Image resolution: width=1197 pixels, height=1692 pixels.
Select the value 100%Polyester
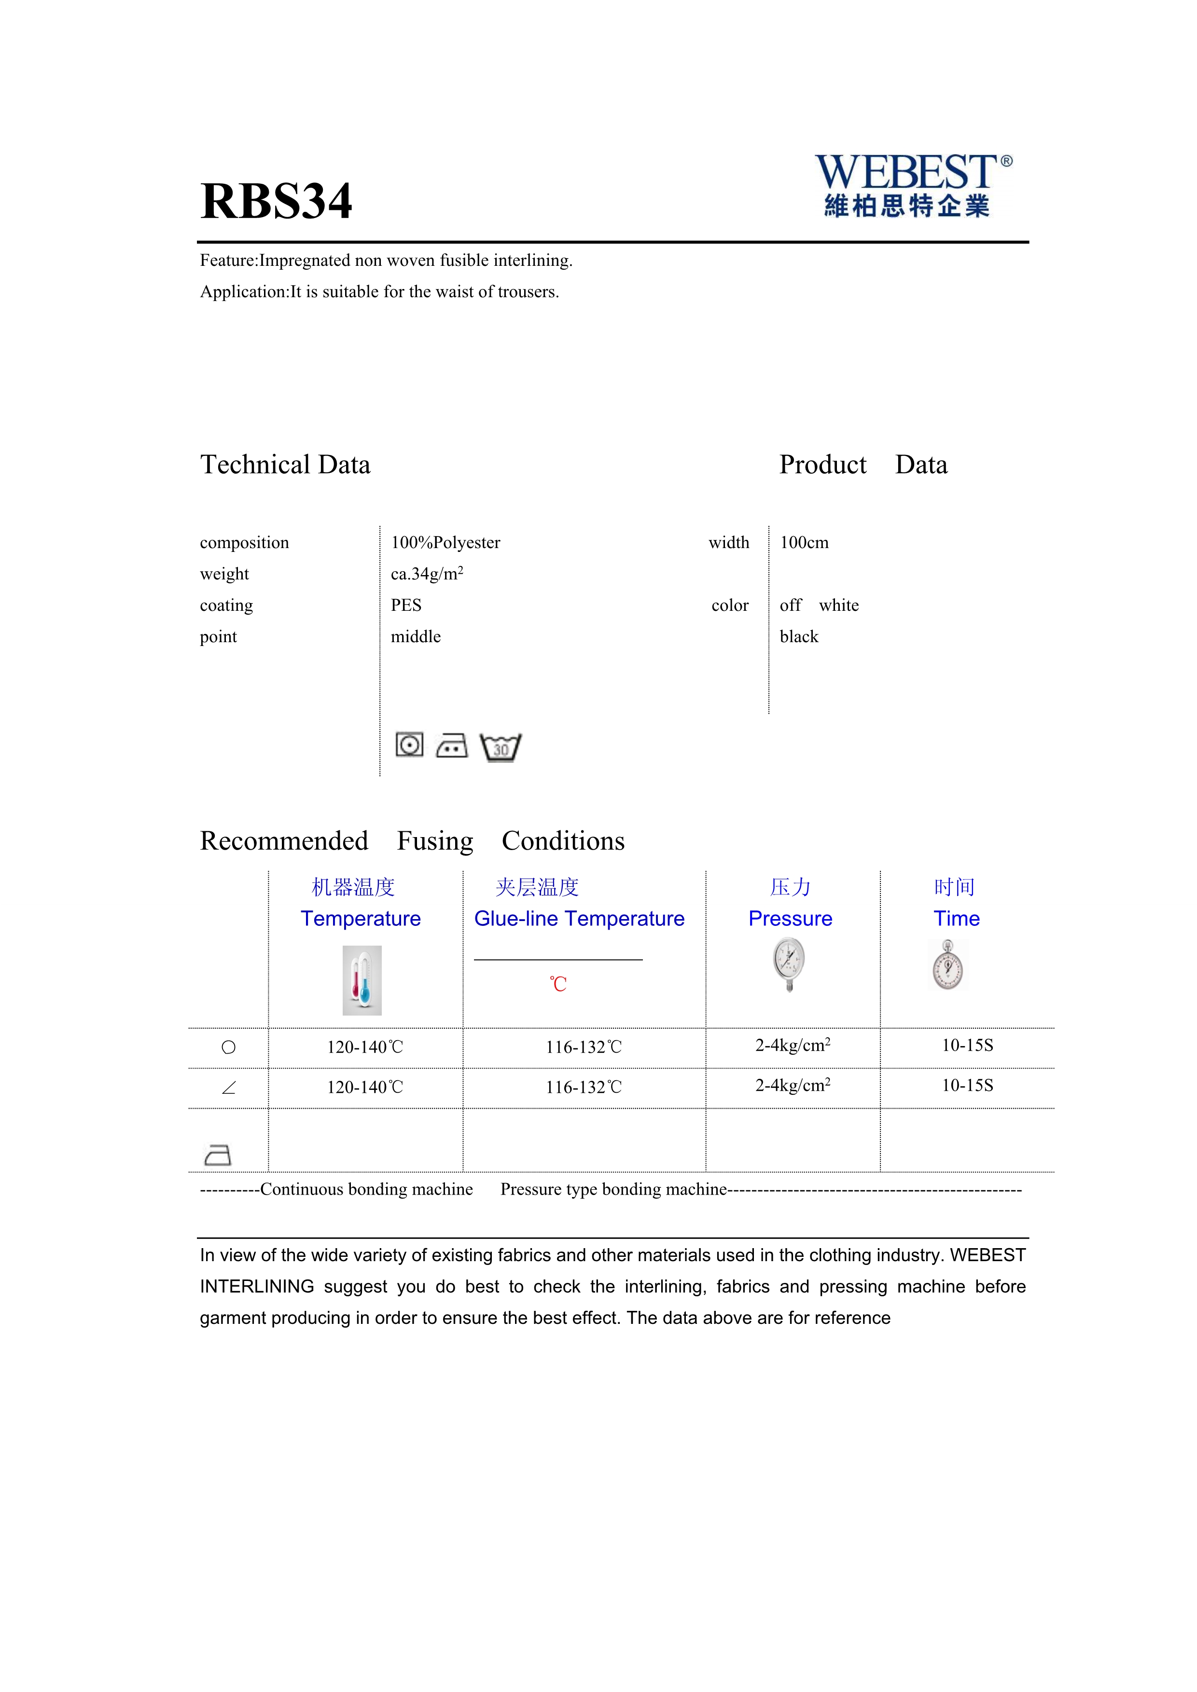[445, 543]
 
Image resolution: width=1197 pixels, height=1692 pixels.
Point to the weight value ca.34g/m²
[427, 574]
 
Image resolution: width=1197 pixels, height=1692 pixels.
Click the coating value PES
[406, 606]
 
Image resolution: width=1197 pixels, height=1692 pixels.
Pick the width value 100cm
[804, 543]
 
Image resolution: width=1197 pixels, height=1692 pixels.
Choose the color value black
[799, 637]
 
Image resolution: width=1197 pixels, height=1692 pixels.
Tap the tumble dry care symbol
[409, 745]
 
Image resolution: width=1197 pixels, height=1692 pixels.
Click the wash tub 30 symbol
[501, 747]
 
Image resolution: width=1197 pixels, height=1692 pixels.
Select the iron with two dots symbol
[452, 746]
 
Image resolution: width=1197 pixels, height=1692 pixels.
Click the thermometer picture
[362, 980]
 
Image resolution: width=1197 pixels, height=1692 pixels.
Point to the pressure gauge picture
[790, 964]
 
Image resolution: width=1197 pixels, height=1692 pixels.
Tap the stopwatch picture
[948, 964]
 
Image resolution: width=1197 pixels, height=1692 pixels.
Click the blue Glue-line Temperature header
[579, 919]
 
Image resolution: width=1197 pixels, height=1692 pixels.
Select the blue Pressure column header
[790, 919]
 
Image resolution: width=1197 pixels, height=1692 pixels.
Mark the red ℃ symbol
[558, 985]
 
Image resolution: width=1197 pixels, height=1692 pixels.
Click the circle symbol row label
[228, 1047]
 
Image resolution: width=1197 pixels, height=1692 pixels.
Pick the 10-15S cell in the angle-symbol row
[967, 1086]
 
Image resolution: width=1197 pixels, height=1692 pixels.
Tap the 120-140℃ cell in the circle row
[365, 1047]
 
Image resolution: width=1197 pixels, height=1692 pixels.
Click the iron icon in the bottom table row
[217, 1155]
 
